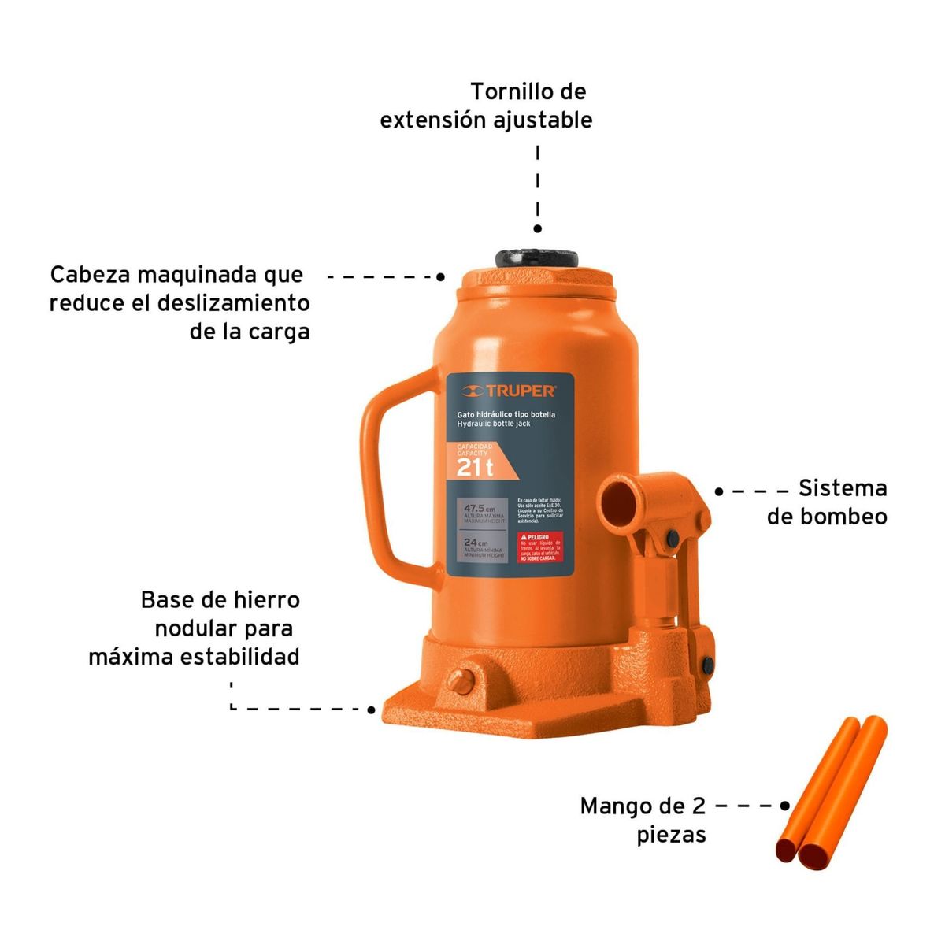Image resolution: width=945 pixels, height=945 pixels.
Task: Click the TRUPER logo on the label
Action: point(510,391)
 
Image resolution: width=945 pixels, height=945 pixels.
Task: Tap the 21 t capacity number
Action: point(475,468)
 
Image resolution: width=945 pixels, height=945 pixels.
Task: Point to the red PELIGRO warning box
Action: point(539,547)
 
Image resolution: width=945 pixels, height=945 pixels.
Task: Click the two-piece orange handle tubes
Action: point(831,791)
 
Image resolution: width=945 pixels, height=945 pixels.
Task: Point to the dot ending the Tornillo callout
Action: point(538,228)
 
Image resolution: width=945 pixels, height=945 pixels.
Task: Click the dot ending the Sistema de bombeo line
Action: point(718,491)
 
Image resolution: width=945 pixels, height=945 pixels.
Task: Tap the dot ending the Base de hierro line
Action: point(372,710)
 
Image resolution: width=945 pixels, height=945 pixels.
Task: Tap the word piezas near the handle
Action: point(671,835)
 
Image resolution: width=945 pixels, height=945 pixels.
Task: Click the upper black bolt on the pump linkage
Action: point(672,538)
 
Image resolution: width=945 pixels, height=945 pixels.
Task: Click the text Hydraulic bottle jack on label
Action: point(494,424)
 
